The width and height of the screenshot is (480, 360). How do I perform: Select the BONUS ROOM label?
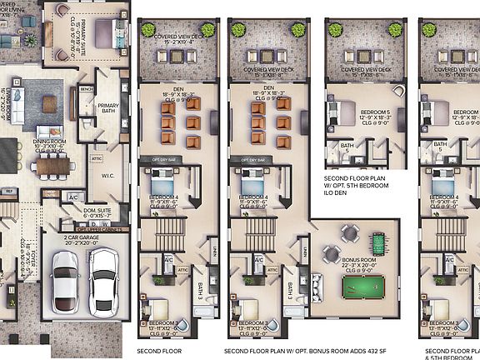click(x=354, y=259)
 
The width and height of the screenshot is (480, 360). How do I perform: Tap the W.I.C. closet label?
click(x=108, y=173)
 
